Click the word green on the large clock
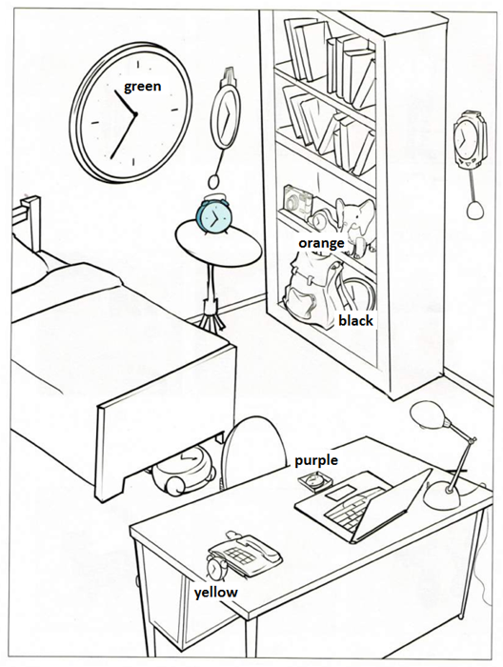click(143, 87)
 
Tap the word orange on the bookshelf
click(321, 243)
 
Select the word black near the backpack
click(355, 320)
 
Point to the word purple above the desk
click(316, 460)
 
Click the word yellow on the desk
click(216, 593)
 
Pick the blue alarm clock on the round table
click(214, 215)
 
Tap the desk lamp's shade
click(428, 415)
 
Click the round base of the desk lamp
click(442, 495)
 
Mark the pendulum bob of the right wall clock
click(475, 210)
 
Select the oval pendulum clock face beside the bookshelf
click(226, 115)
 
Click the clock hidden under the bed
click(184, 469)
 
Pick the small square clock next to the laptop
click(315, 483)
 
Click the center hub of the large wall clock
click(135, 114)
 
